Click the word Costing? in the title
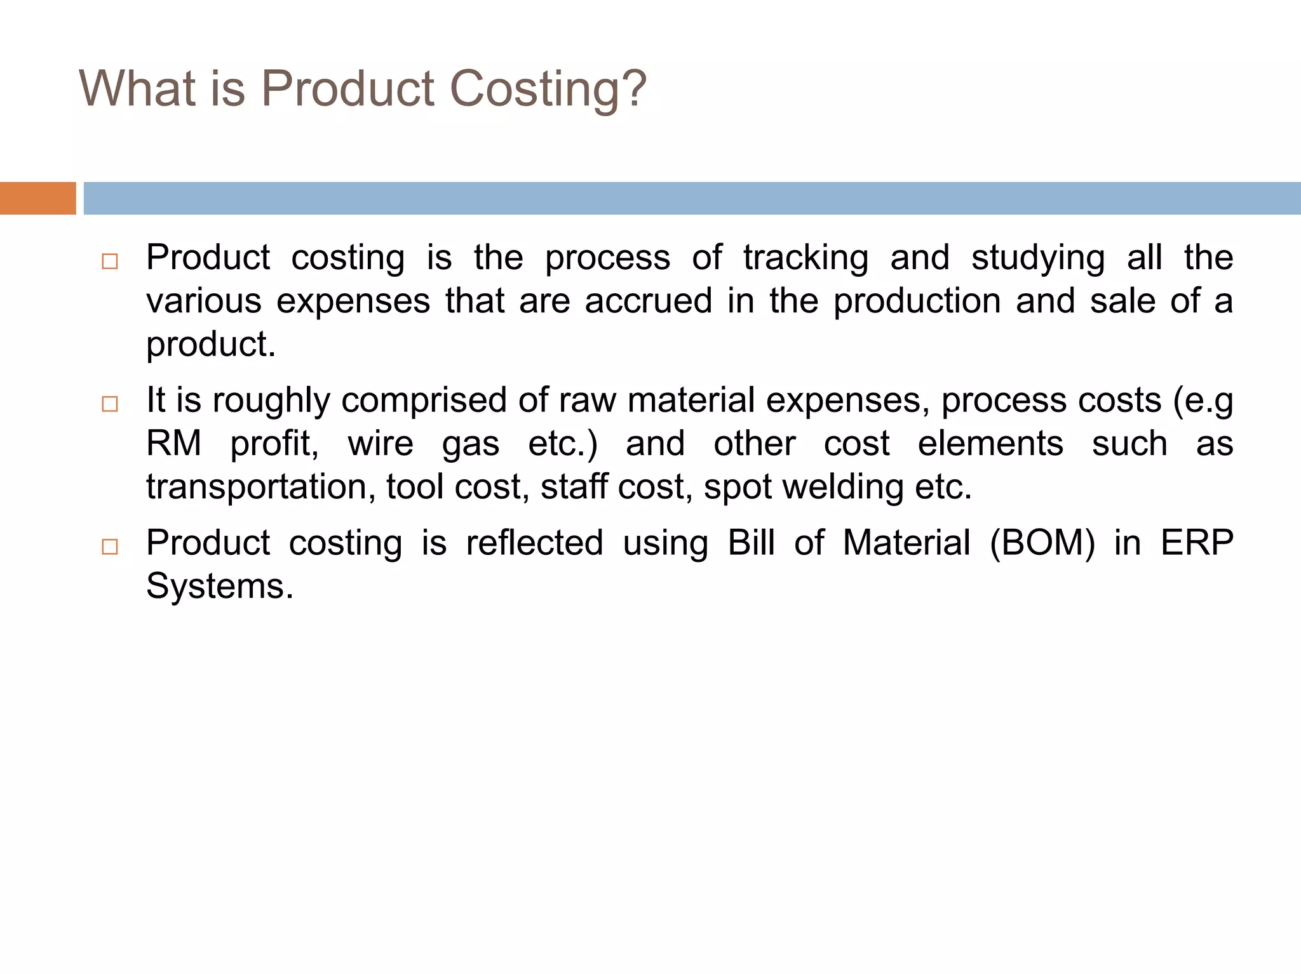point(548,88)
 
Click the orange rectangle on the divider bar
point(37,198)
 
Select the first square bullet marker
point(110,262)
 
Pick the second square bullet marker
point(110,404)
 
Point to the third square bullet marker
point(110,547)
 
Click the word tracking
point(806,258)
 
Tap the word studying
point(1037,258)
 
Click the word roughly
point(271,401)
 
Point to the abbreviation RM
point(173,443)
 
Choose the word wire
point(380,443)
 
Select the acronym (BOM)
point(1042,543)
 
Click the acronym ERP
point(1197,543)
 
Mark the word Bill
point(751,543)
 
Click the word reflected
point(534,543)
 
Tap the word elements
point(990,443)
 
